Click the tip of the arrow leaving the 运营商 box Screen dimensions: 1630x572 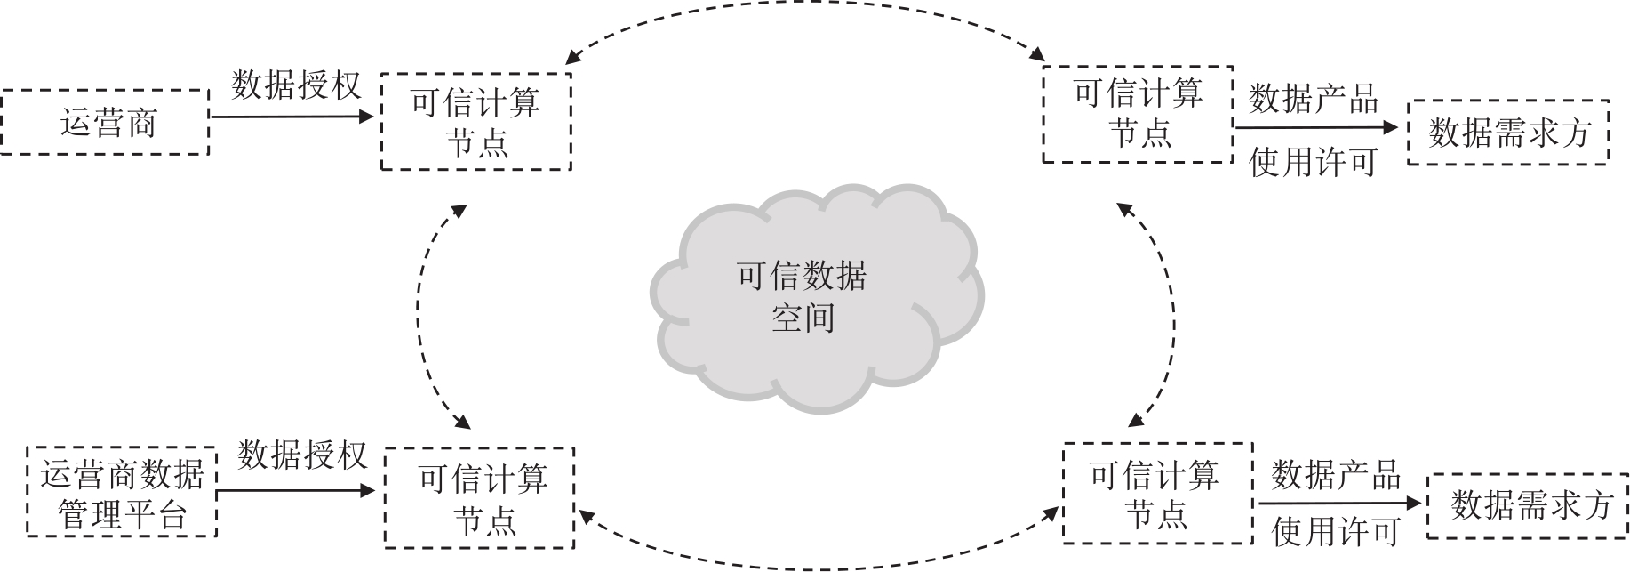pyautogui.click(x=374, y=116)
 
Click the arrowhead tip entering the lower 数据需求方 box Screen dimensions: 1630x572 pyautogui.click(x=1421, y=504)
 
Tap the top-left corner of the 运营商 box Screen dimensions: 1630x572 pyautogui.click(x=2, y=90)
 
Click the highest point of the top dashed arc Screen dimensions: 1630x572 pyautogui.click(x=804, y=3)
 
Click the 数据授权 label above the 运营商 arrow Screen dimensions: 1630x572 pyautogui.click(x=297, y=85)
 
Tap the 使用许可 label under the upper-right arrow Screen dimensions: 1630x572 pyautogui.click(x=1314, y=162)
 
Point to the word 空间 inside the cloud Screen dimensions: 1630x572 pyautogui.click(x=803, y=318)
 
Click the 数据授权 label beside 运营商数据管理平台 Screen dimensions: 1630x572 pyautogui.click(x=302, y=455)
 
